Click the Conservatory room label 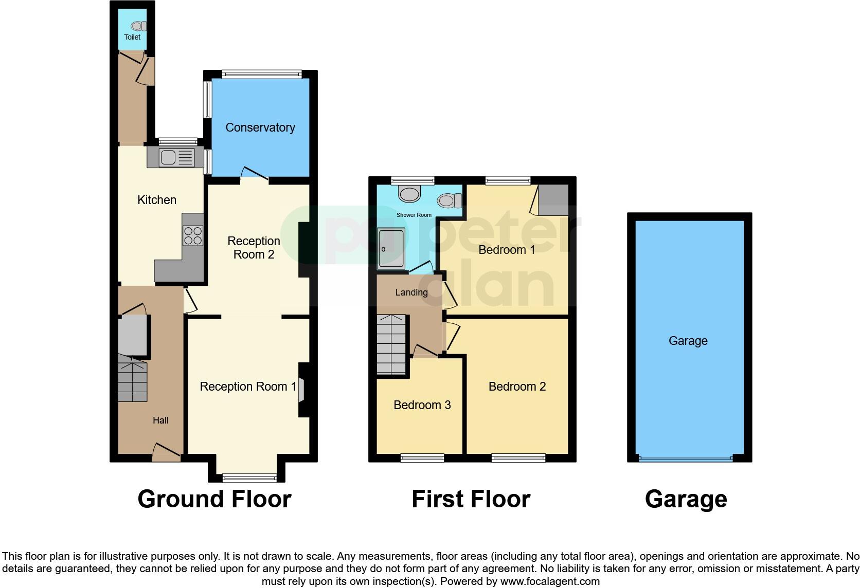(260, 127)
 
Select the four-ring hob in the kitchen (193, 236)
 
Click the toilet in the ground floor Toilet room (138, 26)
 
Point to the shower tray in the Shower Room (391, 249)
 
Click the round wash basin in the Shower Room (409, 194)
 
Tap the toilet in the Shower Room (450, 200)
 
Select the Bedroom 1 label (507, 250)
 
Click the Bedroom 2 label (517, 387)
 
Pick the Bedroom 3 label (422, 405)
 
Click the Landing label (411, 292)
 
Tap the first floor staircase (392, 344)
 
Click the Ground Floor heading (214, 499)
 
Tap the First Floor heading (471, 499)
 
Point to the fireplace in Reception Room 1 (302, 389)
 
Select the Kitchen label (157, 200)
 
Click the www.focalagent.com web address (550, 581)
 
